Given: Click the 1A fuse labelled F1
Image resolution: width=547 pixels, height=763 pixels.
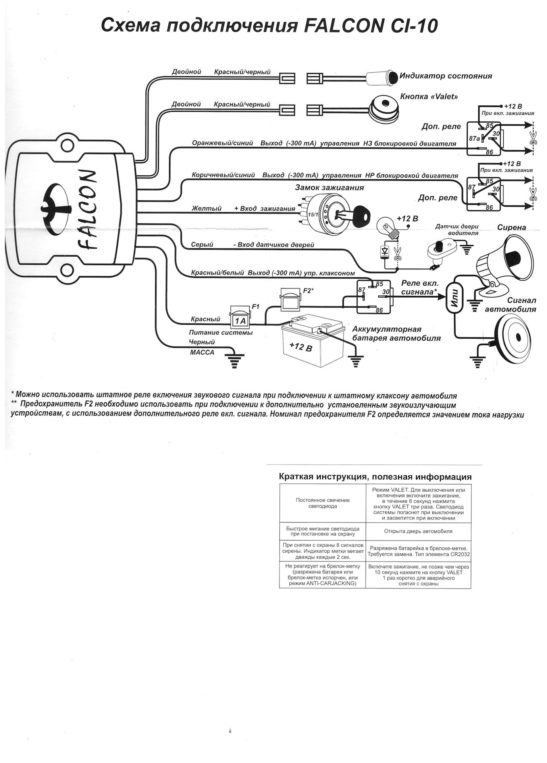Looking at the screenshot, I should pos(240,317).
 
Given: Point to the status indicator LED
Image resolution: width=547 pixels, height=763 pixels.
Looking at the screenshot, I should pos(383,77).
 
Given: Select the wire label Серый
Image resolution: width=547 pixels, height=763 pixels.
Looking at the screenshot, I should pos(202,245).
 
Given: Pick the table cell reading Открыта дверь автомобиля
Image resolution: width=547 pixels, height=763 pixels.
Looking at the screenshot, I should pos(418,531).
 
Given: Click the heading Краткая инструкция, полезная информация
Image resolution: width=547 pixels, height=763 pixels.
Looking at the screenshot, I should pos(375,477).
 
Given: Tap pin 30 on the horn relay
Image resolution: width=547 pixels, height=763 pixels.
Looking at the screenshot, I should pos(385,292).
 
